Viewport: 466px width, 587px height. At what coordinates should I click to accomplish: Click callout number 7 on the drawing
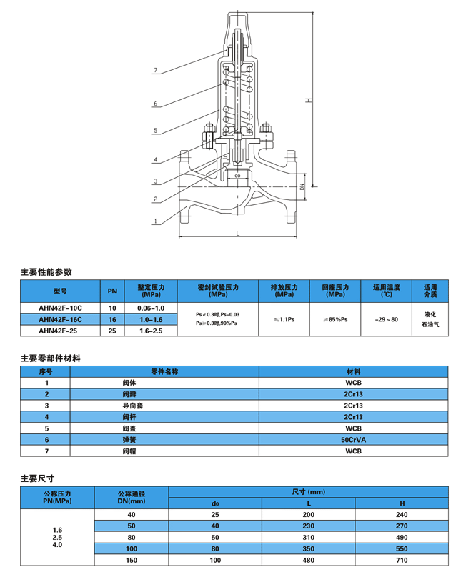(154, 71)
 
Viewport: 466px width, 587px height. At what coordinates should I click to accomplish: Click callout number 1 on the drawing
(154, 221)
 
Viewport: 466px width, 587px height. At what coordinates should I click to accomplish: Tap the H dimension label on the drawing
(307, 100)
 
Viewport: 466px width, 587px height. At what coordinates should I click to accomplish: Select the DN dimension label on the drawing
(302, 186)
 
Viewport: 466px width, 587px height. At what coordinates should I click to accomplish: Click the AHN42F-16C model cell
(60, 320)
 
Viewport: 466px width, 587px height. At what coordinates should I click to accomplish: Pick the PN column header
(112, 291)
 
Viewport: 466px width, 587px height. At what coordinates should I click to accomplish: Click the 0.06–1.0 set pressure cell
(151, 308)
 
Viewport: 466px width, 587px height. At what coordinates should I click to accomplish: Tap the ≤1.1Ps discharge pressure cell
(284, 320)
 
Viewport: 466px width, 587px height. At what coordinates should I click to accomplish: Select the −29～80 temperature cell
(387, 320)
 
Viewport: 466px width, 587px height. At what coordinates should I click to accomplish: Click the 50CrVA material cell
(353, 441)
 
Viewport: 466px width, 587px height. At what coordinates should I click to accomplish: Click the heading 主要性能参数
(46, 271)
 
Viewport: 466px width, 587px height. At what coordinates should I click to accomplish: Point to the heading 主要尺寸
(37, 478)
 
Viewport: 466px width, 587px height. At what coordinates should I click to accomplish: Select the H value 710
(401, 561)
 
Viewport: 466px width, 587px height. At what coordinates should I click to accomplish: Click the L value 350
(308, 548)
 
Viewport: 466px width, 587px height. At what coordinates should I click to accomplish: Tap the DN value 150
(131, 561)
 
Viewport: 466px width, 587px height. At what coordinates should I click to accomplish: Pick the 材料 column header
(353, 371)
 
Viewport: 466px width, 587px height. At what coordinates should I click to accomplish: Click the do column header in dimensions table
(214, 503)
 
